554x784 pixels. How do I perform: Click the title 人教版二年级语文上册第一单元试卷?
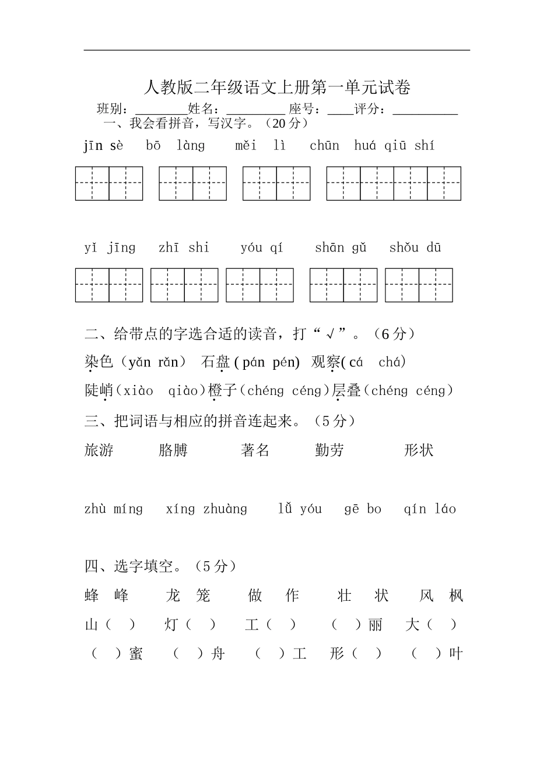click(277, 88)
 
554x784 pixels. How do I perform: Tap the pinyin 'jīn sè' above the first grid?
click(103, 146)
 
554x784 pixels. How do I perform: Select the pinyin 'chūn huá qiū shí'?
click(371, 146)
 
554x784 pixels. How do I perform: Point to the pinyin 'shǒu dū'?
click(415, 248)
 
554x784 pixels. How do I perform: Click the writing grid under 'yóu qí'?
click(260, 285)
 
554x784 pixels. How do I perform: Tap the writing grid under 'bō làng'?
click(192, 183)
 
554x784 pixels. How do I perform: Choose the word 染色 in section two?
click(99, 362)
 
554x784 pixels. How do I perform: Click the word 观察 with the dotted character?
click(325, 362)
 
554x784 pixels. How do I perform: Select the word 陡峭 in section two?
click(100, 390)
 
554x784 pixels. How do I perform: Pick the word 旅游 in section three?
click(99, 450)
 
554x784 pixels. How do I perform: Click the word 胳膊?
click(173, 450)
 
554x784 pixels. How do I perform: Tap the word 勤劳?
click(329, 450)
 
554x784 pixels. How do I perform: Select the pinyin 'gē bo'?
click(362, 509)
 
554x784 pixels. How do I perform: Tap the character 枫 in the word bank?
click(456, 596)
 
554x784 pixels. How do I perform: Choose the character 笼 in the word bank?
click(203, 596)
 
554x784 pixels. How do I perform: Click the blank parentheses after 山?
click(121, 625)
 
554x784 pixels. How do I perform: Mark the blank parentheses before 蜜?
click(106, 654)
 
